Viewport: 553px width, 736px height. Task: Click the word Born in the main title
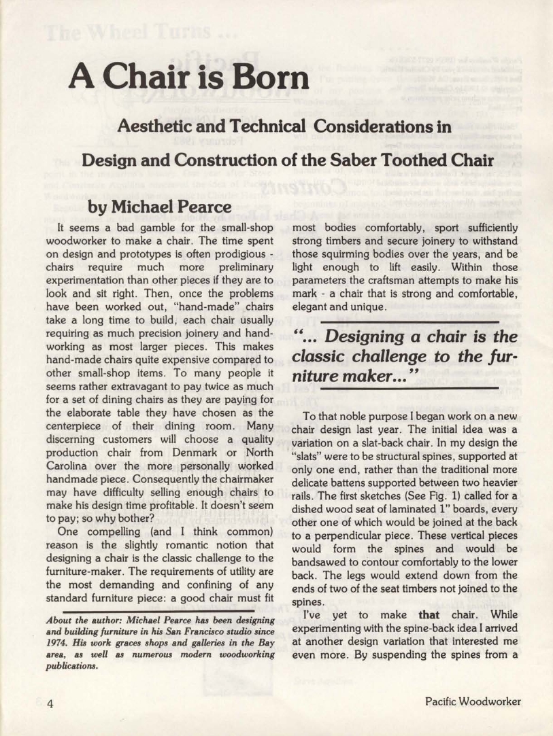(x=266, y=77)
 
